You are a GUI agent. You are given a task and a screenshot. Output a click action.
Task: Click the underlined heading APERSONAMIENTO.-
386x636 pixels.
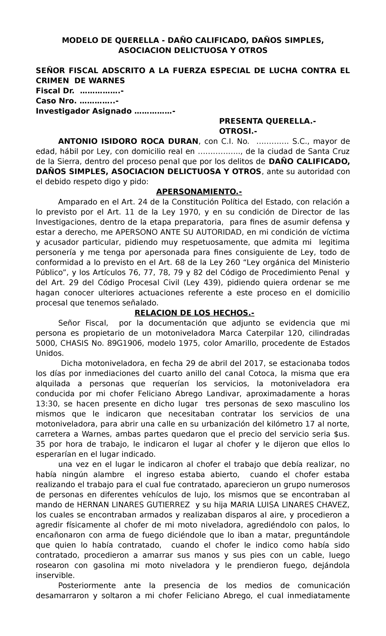click(x=199, y=192)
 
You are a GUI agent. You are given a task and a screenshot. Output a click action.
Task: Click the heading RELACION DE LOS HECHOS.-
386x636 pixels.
click(x=194, y=313)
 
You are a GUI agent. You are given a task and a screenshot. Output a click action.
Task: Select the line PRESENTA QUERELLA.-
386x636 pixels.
click(x=267, y=121)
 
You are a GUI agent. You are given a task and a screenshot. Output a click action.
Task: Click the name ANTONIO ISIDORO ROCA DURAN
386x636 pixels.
click(x=128, y=141)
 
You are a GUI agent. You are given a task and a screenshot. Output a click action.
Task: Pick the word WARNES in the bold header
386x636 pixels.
click(x=108, y=81)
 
